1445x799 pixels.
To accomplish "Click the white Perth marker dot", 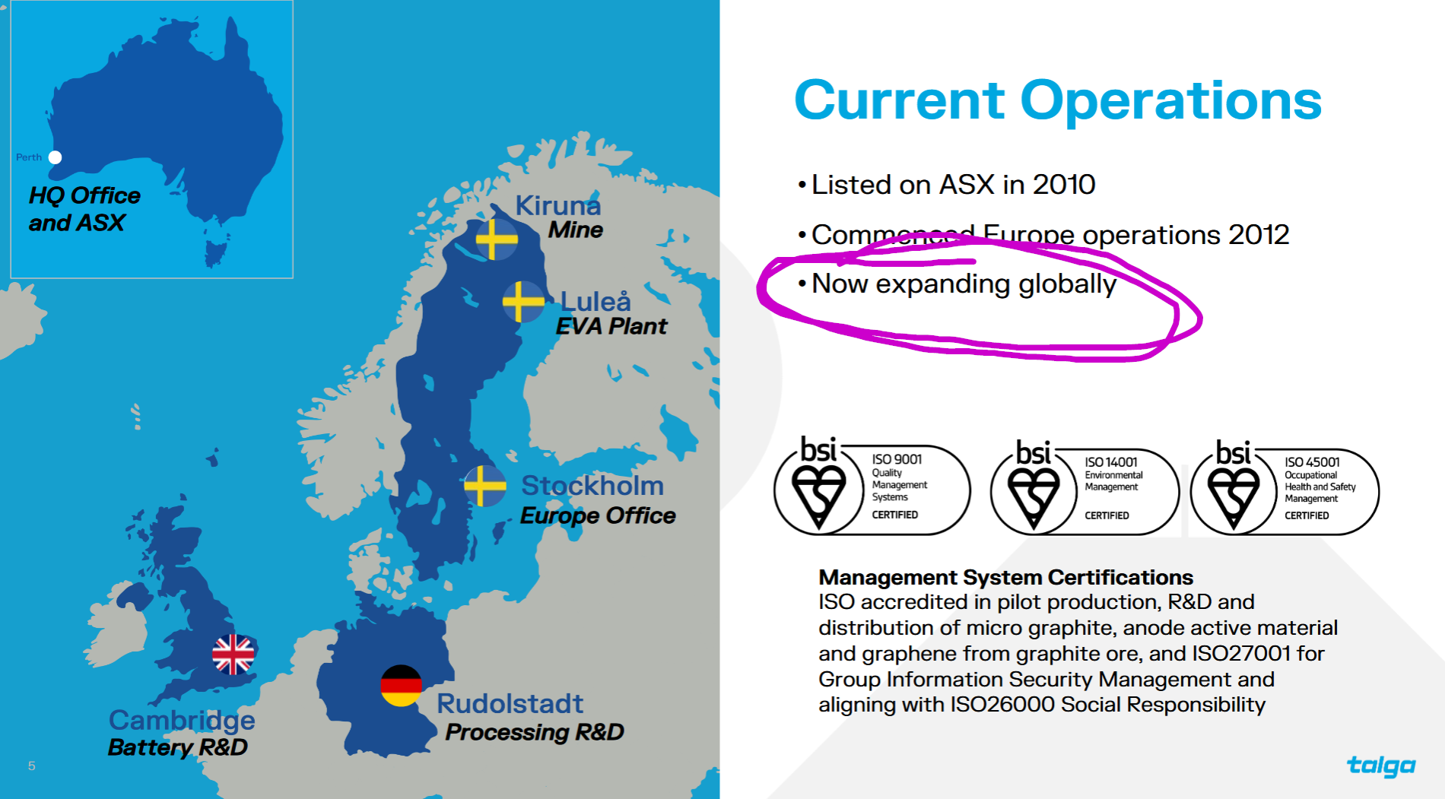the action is tap(55, 157).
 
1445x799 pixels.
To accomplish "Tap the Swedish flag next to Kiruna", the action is tap(496, 239).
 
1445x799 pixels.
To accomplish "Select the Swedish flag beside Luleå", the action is tap(523, 301).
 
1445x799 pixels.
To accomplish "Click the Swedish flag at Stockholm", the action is tap(485, 486).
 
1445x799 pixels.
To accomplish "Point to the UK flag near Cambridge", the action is tap(233, 655).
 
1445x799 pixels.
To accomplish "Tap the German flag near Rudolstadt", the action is tap(401, 686).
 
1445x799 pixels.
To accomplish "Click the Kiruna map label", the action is tap(558, 205).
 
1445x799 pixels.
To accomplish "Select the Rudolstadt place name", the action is tap(510, 703).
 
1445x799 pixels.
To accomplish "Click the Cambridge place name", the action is tap(182, 721).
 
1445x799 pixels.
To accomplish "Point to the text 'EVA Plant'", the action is tap(611, 326).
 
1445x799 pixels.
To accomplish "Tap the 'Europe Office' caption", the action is tap(598, 515).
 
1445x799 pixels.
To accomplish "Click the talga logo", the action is tap(1381, 766).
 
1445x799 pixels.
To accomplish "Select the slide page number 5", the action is tap(31, 766).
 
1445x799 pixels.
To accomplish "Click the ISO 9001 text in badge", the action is tap(897, 459).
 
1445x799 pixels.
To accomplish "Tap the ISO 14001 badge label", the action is tap(1111, 462).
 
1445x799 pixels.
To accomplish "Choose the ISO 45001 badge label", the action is tap(1312, 462).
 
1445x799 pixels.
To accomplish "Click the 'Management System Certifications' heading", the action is tap(1005, 578).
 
